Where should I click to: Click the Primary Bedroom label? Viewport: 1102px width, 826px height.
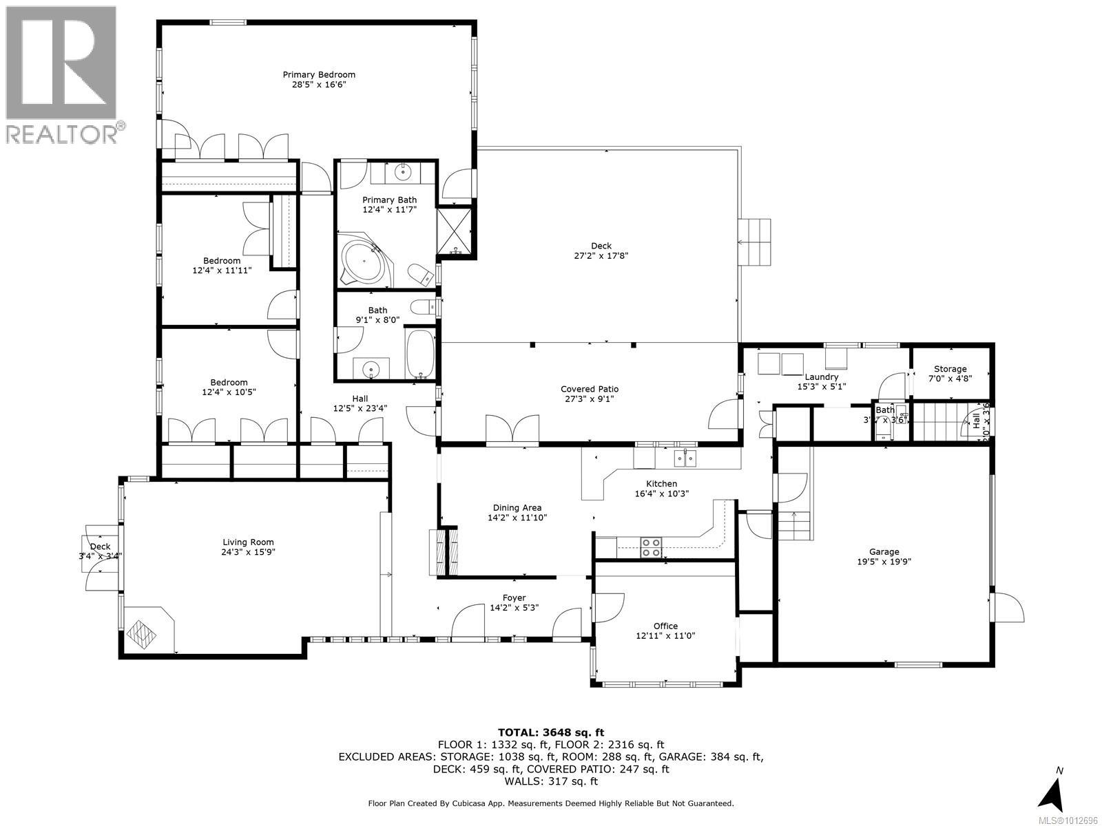pos(319,74)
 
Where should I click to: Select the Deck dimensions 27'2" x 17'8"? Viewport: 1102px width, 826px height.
pos(601,256)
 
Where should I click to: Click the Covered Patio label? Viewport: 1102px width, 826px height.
pos(590,389)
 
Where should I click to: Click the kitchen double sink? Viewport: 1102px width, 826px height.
pos(685,458)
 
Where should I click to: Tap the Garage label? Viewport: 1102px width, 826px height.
pos(884,551)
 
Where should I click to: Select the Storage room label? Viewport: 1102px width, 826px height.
pos(950,369)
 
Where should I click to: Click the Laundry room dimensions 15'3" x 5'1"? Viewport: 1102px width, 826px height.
pos(821,386)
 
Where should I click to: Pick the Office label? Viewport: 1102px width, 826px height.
pos(665,626)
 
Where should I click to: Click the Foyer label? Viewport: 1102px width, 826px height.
pos(514,597)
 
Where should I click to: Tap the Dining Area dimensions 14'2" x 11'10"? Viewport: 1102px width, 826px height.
pos(517,518)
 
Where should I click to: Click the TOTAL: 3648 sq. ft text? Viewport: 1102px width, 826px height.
pos(551,732)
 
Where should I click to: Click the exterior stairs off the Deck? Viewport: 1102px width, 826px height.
pos(754,242)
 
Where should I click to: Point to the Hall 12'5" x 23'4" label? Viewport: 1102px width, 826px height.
pos(360,403)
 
